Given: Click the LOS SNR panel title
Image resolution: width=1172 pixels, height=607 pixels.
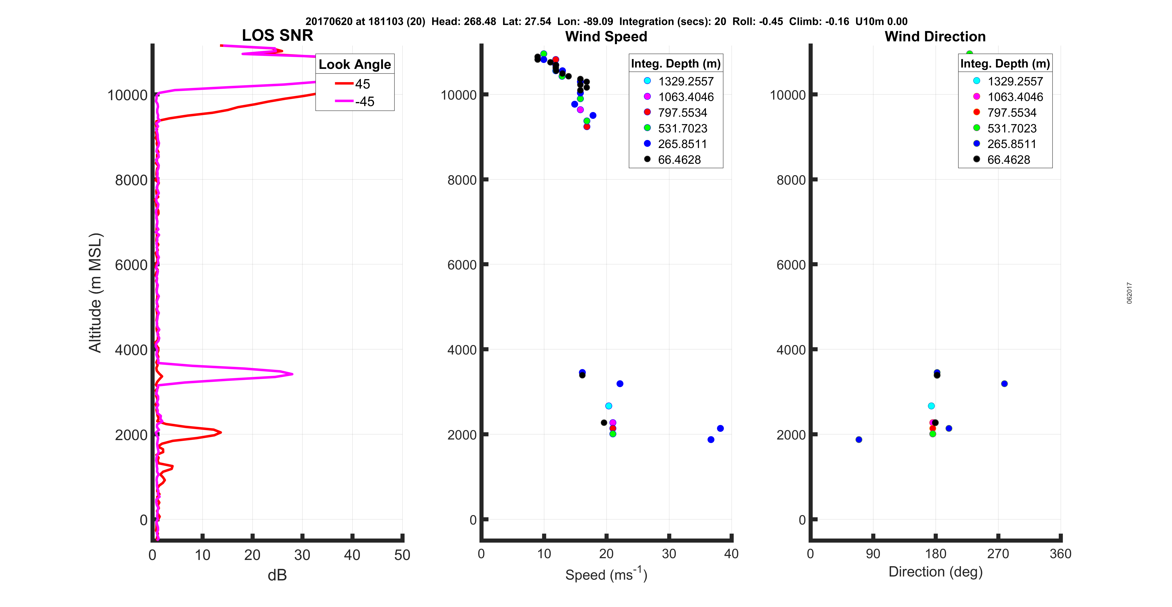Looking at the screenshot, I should pos(277,35).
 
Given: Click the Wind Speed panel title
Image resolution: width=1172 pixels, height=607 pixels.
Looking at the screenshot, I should pos(606,36).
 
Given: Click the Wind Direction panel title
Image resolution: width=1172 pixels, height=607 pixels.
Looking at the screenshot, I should pos(935,36).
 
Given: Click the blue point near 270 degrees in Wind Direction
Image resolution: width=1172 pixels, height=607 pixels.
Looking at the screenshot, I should pos(1004,384).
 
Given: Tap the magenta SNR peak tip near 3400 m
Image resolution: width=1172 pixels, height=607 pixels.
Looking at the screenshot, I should pos(293,374).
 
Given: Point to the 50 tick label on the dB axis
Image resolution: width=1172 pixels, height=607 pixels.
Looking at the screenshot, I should pos(402,555).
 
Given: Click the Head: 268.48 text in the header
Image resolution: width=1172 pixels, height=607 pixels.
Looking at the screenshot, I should pos(464,21).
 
